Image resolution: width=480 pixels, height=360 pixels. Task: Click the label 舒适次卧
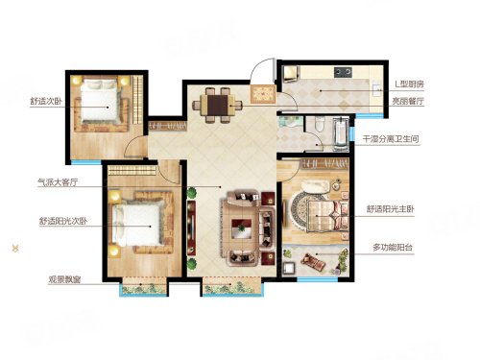tap(46, 102)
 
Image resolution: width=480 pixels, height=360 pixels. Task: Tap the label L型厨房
tap(409, 84)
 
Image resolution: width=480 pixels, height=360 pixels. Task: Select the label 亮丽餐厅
tap(408, 101)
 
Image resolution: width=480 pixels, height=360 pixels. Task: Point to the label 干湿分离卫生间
tap(391, 139)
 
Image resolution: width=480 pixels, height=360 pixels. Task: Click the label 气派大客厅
tap(58, 182)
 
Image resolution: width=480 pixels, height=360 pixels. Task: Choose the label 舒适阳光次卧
tap(63, 221)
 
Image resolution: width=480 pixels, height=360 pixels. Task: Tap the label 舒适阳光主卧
tap(391, 209)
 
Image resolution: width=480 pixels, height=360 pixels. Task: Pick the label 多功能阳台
tap(394, 247)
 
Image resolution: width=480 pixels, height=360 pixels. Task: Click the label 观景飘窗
tap(64, 279)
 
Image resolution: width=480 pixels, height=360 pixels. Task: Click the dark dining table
tap(217, 106)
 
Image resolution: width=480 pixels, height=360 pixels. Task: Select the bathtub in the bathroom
tap(341, 133)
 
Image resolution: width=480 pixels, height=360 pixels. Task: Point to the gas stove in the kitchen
tap(343, 72)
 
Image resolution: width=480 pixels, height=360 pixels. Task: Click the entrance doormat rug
tap(263, 94)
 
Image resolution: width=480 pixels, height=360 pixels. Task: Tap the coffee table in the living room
tap(242, 228)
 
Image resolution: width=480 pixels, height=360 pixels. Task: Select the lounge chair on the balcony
tap(313, 261)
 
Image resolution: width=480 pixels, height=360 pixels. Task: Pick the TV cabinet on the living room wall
tap(191, 227)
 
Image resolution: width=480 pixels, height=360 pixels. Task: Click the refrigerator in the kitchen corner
tap(291, 74)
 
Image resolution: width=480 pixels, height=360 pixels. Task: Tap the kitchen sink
tap(376, 87)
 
